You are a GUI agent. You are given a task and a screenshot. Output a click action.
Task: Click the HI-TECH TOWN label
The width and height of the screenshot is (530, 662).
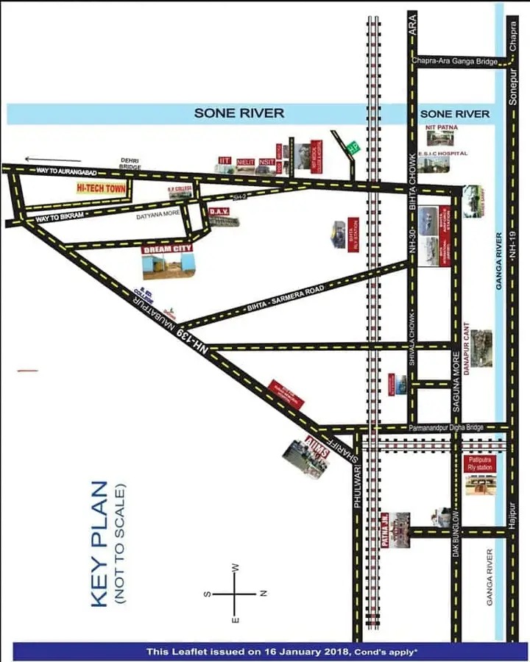[102, 188]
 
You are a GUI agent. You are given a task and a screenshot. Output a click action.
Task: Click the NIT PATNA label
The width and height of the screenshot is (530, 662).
[442, 127]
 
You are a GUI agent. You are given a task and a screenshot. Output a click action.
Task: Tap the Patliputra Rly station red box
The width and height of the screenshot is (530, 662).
[481, 464]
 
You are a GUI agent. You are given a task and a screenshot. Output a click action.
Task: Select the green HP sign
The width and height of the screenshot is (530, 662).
[354, 147]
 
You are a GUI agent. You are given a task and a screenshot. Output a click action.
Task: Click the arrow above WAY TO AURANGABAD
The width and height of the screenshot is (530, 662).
[52, 159]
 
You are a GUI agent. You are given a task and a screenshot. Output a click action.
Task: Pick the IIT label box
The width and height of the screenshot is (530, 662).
[225, 160]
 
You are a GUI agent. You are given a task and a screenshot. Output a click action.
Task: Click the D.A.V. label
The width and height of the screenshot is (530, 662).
[218, 212]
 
